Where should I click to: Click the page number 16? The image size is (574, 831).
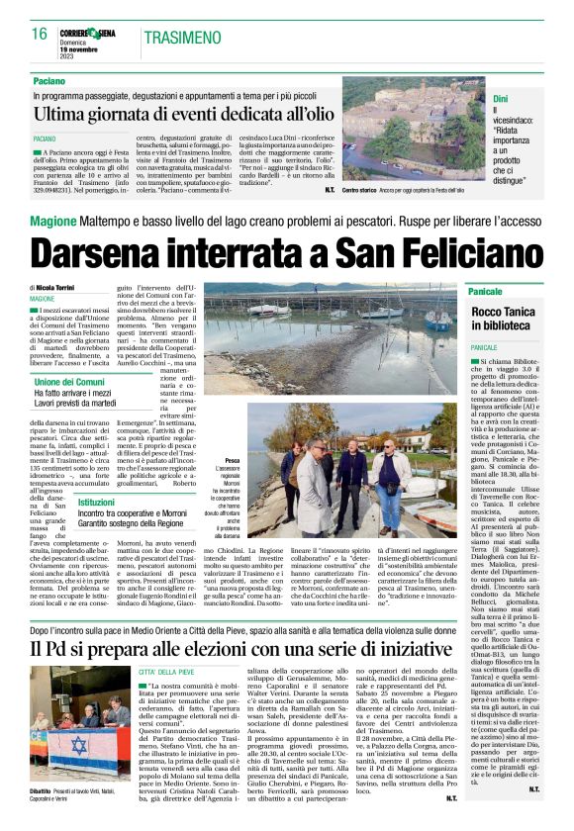click(x=40, y=34)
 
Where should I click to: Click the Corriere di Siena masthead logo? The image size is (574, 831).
click(x=91, y=33)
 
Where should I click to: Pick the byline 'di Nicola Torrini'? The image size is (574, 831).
click(x=60, y=287)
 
